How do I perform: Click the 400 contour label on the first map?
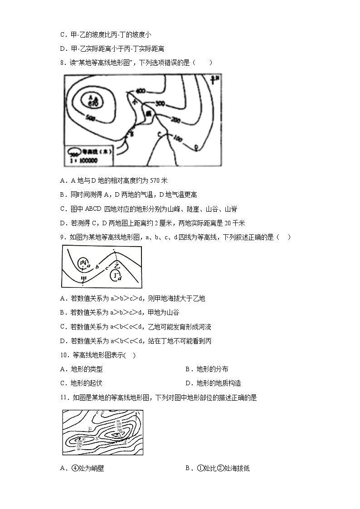click(x=141, y=92)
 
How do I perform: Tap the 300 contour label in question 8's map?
click(x=160, y=104)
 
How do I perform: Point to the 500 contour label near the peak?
click(x=89, y=118)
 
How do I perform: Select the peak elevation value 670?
click(x=93, y=104)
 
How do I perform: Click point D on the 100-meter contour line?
click(x=196, y=146)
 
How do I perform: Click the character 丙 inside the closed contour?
click(x=83, y=263)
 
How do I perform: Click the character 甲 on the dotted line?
click(x=83, y=278)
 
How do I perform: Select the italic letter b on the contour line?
click(x=97, y=267)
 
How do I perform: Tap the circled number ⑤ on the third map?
click(x=90, y=428)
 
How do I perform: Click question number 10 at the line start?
click(x=64, y=355)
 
